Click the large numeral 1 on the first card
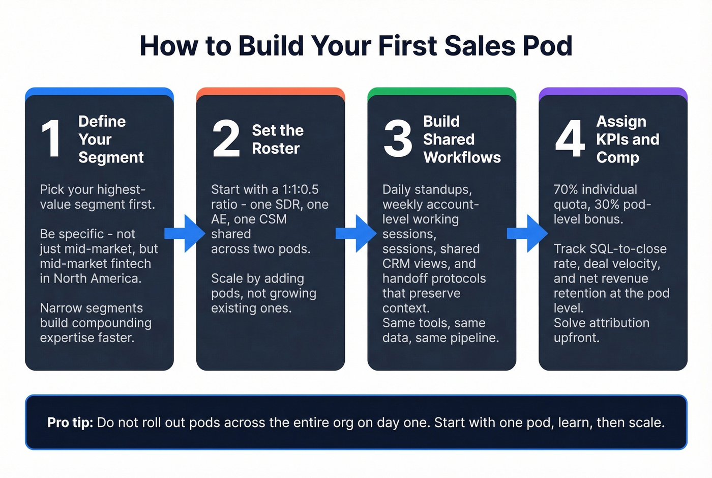[x=52, y=138]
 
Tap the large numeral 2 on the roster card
[x=226, y=138]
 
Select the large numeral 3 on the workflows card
[x=398, y=138]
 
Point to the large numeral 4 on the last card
[x=570, y=138]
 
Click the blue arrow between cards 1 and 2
[x=184, y=234]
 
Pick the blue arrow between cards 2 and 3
[x=355, y=234]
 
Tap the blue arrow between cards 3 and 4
[x=527, y=234]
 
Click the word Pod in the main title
[x=547, y=46]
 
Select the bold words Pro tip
[x=70, y=423]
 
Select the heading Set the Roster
[x=277, y=139]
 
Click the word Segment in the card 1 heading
[x=111, y=158]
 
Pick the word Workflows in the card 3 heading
[x=462, y=158]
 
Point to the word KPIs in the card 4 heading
[x=614, y=139]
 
